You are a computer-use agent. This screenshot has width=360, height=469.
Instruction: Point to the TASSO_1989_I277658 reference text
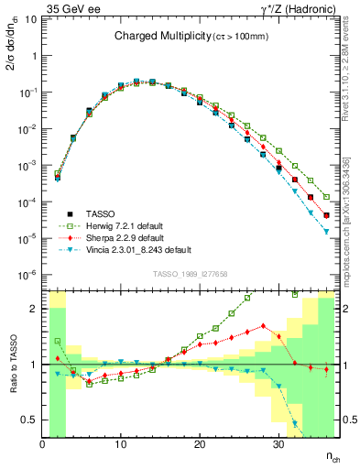click(189, 274)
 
